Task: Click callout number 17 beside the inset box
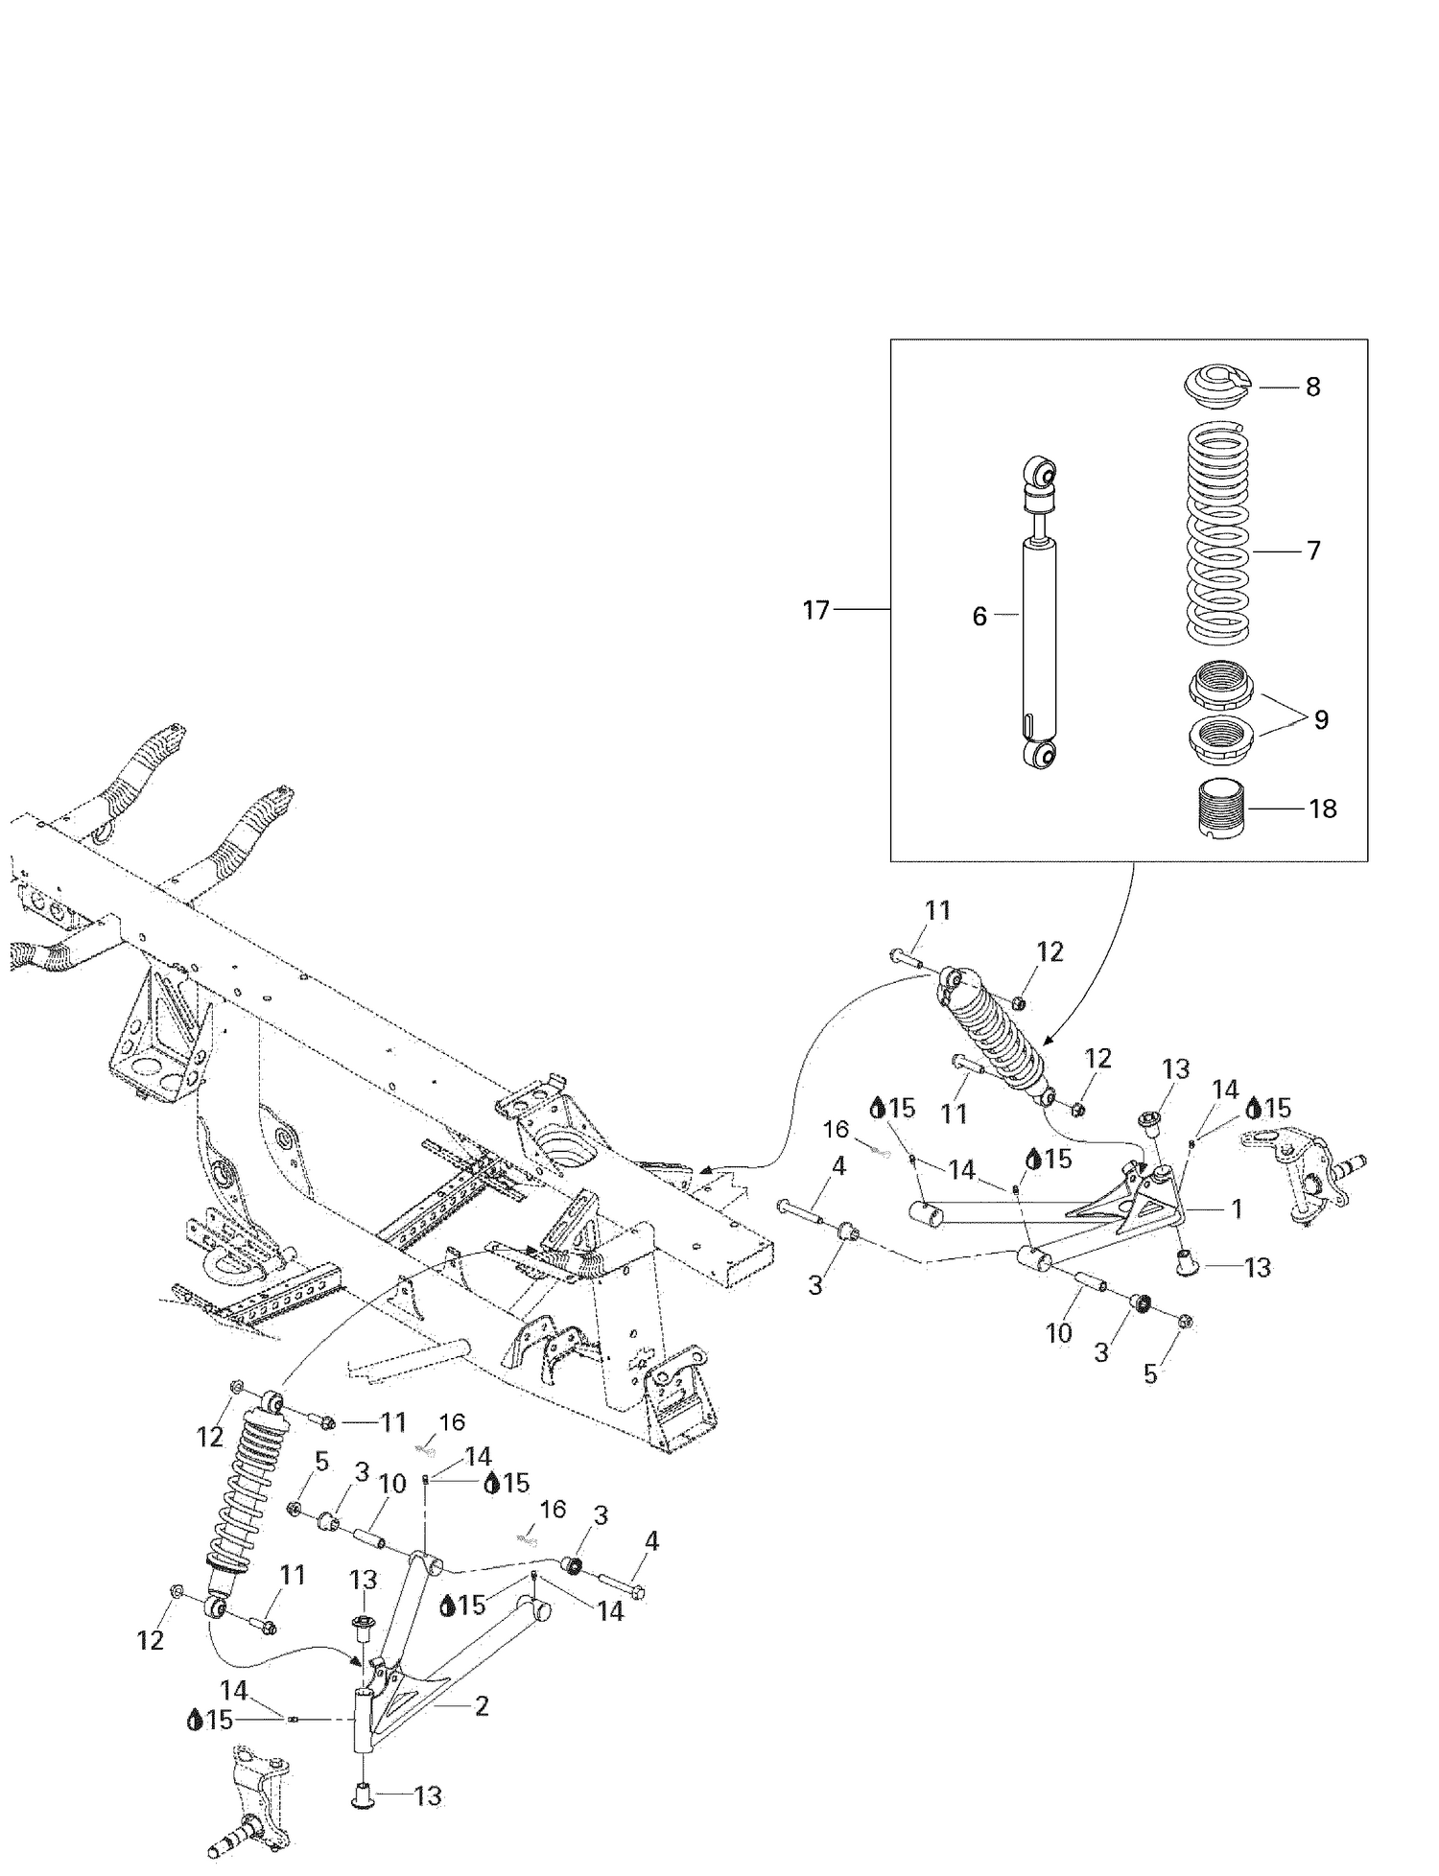click(815, 610)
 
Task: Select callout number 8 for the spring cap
click(1312, 387)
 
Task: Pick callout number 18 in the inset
click(1322, 809)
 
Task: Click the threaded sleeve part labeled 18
click(1221, 809)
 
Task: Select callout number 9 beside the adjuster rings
click(1321, 720)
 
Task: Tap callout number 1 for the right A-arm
click(1237, 1209)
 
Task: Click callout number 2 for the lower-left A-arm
click(482, 1706)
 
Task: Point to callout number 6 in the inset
click(979, 617)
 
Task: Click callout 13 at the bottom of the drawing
click(427, 1796)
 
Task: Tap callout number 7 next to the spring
click(1312, 551)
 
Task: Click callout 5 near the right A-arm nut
click(1150, 1374)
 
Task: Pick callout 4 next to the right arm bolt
click(838, 1167)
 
